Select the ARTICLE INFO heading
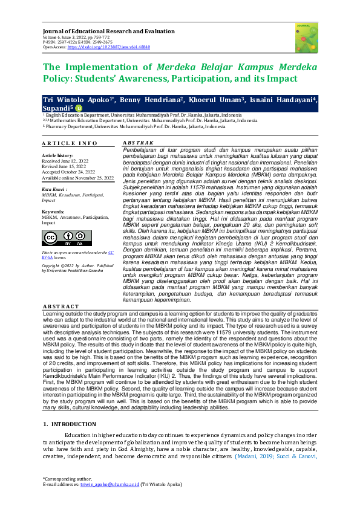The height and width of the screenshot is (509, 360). (x=70, y=143)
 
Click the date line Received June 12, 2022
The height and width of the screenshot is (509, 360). (x=65, y=161)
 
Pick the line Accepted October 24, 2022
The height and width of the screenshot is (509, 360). (x=69, y=172)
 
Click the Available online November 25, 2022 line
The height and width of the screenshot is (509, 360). (x=77, y=178)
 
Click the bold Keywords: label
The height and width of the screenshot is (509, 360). (x=54, y=211)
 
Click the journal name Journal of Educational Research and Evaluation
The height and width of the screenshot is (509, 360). (x=109, y=30)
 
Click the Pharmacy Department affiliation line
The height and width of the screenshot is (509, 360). (x=127, y=127)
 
